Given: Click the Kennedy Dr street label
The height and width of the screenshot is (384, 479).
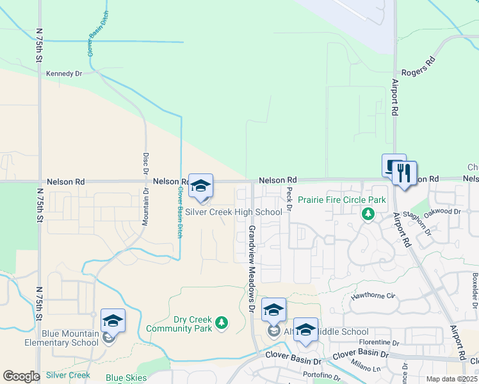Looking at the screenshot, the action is [64, 74].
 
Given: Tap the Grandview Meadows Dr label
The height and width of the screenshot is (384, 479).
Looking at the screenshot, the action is [252, 268].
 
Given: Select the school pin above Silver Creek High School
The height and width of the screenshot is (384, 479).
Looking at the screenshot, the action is [200, 186].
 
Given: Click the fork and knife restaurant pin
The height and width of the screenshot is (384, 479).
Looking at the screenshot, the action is [404, 173].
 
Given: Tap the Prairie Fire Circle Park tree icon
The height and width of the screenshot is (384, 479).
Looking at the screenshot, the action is [368, 214].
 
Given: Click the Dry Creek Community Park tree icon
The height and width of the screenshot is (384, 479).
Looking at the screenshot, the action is [222, 322].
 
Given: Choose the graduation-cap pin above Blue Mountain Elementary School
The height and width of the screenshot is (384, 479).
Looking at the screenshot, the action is [113, 321].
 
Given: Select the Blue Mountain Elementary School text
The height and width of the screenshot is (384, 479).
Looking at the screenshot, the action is [70, 338].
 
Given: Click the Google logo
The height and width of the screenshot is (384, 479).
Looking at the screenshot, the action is [22, 376].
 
